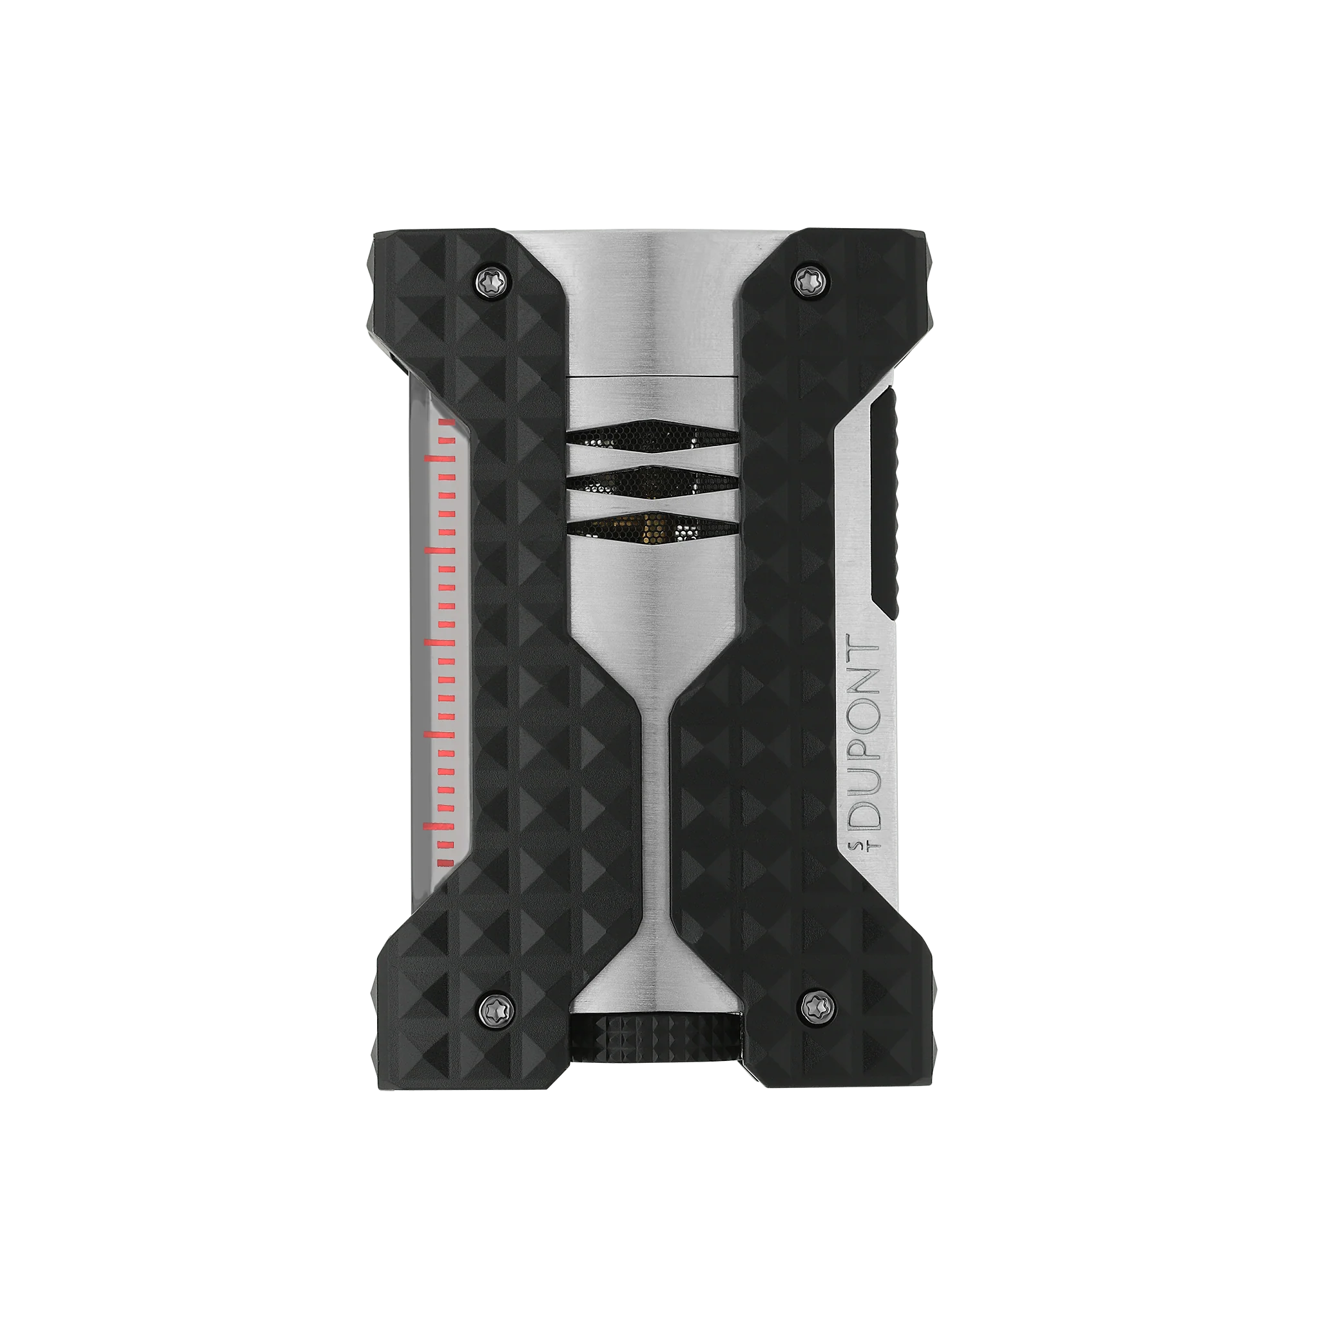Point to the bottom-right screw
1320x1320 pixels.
811,1004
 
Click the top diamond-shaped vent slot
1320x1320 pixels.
652,435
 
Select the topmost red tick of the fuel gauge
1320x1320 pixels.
445,422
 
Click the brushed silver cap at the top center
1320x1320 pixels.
652,300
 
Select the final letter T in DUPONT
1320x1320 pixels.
862,650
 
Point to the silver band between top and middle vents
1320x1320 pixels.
652,458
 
